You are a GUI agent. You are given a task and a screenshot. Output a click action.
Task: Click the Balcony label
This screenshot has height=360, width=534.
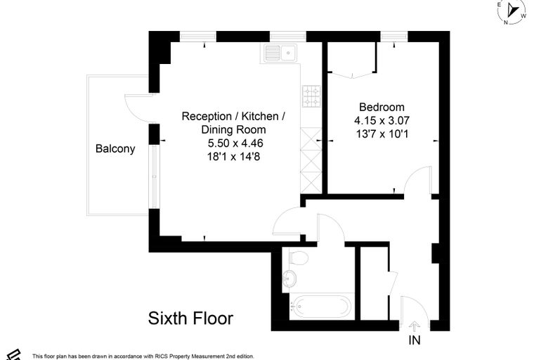coord(115,148)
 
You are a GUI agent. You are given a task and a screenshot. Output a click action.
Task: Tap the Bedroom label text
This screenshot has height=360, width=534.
coord(382,107)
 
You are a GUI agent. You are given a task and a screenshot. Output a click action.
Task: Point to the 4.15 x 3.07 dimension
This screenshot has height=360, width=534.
coord(382,120)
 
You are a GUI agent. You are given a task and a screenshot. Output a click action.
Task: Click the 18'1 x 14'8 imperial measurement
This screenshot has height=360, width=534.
coord(233,157)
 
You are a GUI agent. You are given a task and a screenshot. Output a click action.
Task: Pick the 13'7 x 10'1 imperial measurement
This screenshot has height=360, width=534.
coord(382,134)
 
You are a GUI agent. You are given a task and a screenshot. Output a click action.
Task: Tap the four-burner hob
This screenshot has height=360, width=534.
coord(311,96)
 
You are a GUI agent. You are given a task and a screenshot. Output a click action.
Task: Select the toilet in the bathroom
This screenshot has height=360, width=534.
coord(299,258)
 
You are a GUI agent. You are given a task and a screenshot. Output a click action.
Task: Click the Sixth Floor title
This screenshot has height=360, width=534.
coord(190,319)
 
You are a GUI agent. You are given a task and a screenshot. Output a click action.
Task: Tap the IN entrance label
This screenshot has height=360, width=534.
coord(415,340)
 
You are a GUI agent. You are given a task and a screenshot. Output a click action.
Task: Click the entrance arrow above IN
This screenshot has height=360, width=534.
coord(414,326)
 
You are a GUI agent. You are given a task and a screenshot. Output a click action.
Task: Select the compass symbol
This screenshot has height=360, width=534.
coord(512,11)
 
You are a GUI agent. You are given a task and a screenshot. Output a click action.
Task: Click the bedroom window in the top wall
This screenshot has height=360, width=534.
coord(394,37)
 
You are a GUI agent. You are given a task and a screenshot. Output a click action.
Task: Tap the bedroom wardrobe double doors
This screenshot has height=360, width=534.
coord(353,75)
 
